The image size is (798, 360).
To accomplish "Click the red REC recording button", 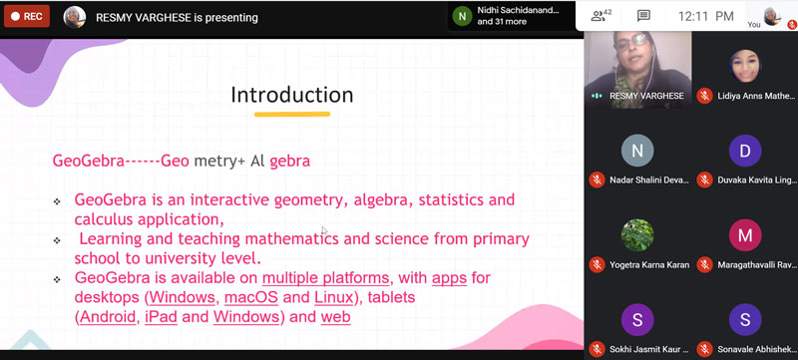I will tap(26, 16).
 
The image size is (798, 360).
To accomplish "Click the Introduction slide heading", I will tap(291, 95).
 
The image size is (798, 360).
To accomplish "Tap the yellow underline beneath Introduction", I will tap(291, 115).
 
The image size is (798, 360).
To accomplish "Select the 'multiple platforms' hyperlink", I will tap(326, 277).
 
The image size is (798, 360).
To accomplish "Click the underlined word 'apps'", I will tap(449, 277).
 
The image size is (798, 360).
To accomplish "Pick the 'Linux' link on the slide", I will tap(333, 297).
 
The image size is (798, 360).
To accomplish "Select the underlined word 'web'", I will tap(335, 317).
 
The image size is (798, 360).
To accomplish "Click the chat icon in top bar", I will tap(643, 16).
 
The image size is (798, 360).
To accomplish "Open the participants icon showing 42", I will tap(600, 16).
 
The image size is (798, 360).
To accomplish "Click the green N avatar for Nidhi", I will tap(462, 16).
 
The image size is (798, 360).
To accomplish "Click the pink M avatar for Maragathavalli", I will tap(743, 235).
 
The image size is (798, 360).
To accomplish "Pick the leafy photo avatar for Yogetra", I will tap(637, 235).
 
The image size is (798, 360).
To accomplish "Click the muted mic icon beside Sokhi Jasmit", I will tap(597, 349).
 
